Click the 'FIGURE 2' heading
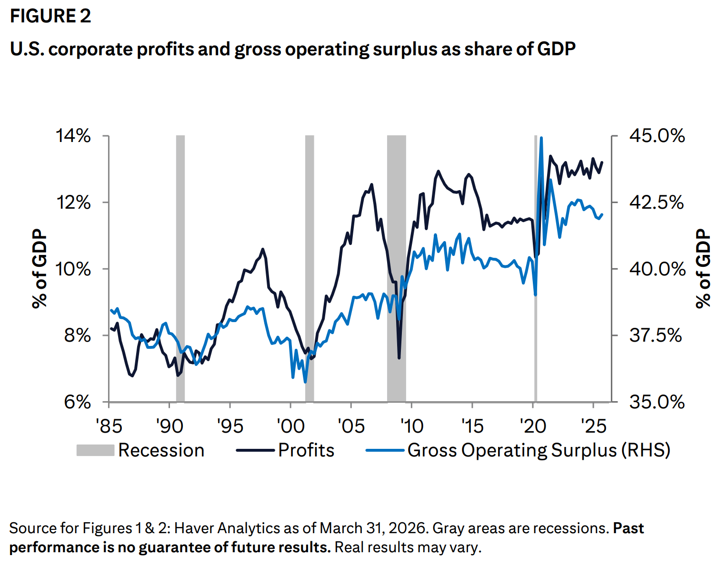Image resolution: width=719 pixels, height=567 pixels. [x=50, y=16]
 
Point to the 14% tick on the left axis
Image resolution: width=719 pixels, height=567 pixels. [x=74, y=136]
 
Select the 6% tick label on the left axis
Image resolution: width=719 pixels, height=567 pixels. [x=78, y=402]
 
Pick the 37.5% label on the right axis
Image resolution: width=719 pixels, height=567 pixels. [x=656, y=335]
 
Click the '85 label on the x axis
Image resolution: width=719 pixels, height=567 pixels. [x=109, y=425]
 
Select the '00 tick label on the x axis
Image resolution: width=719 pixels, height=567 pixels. [x=290, y=425]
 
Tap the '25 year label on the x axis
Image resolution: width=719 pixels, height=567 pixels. [x=593, y=425]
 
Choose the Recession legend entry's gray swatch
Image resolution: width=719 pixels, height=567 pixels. [x=95, y=450]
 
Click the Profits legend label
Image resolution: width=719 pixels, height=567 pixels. [x=306, y=450]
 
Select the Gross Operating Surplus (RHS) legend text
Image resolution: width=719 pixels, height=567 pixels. [x=539, y=450]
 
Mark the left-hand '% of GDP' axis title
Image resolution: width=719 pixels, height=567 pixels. [x=40, y=269]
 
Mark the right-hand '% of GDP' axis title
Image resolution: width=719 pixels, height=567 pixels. [x=703, y=269]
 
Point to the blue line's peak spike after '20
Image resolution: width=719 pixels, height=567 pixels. [x=541, y=139]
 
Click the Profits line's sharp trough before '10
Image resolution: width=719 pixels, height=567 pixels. [x=399, y=357]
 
